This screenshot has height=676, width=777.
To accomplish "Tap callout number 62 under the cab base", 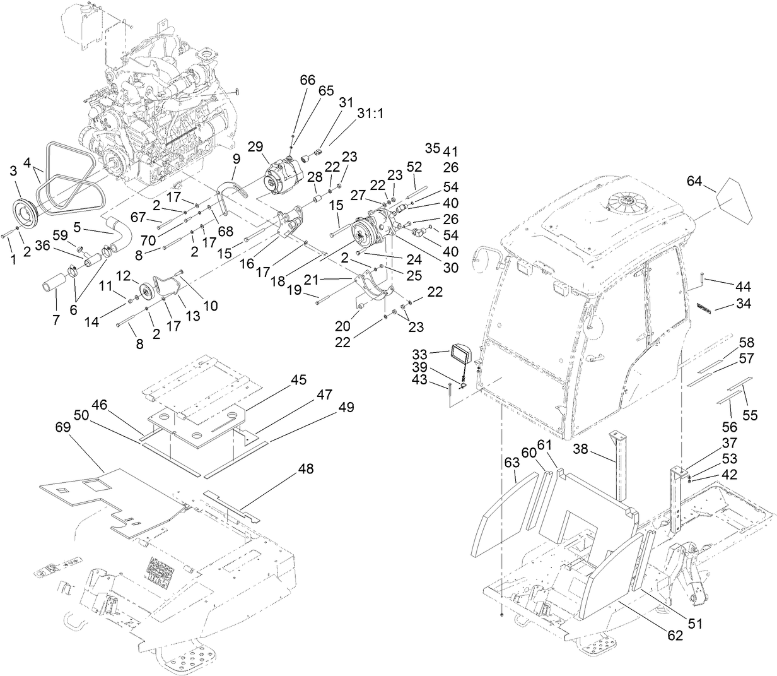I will pyautogui.click(x=674, y=636).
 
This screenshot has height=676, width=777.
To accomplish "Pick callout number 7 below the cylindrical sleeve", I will pyautogui.click(x=56, y=320).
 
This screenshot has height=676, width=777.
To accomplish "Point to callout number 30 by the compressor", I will pyautogui.click(x=414, y=266).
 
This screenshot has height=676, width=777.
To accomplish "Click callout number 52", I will pyautogui.click(x=414, y=167).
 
